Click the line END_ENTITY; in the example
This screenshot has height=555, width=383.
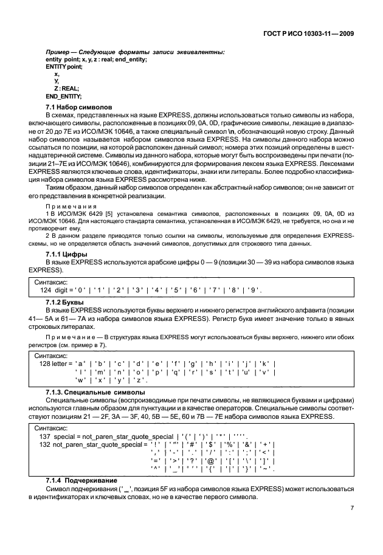[x=64, y=96]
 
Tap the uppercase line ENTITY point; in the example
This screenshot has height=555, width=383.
[x=64, y=66]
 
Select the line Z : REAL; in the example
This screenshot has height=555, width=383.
[x=67, y=88]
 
